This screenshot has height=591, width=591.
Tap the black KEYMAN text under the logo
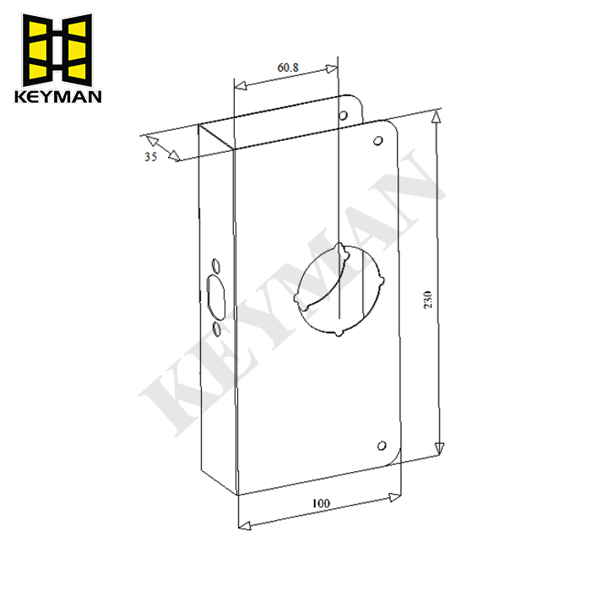58,95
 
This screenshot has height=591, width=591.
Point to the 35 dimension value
150,157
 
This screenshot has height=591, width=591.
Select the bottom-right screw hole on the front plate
382,446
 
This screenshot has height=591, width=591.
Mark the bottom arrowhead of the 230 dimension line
439,448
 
